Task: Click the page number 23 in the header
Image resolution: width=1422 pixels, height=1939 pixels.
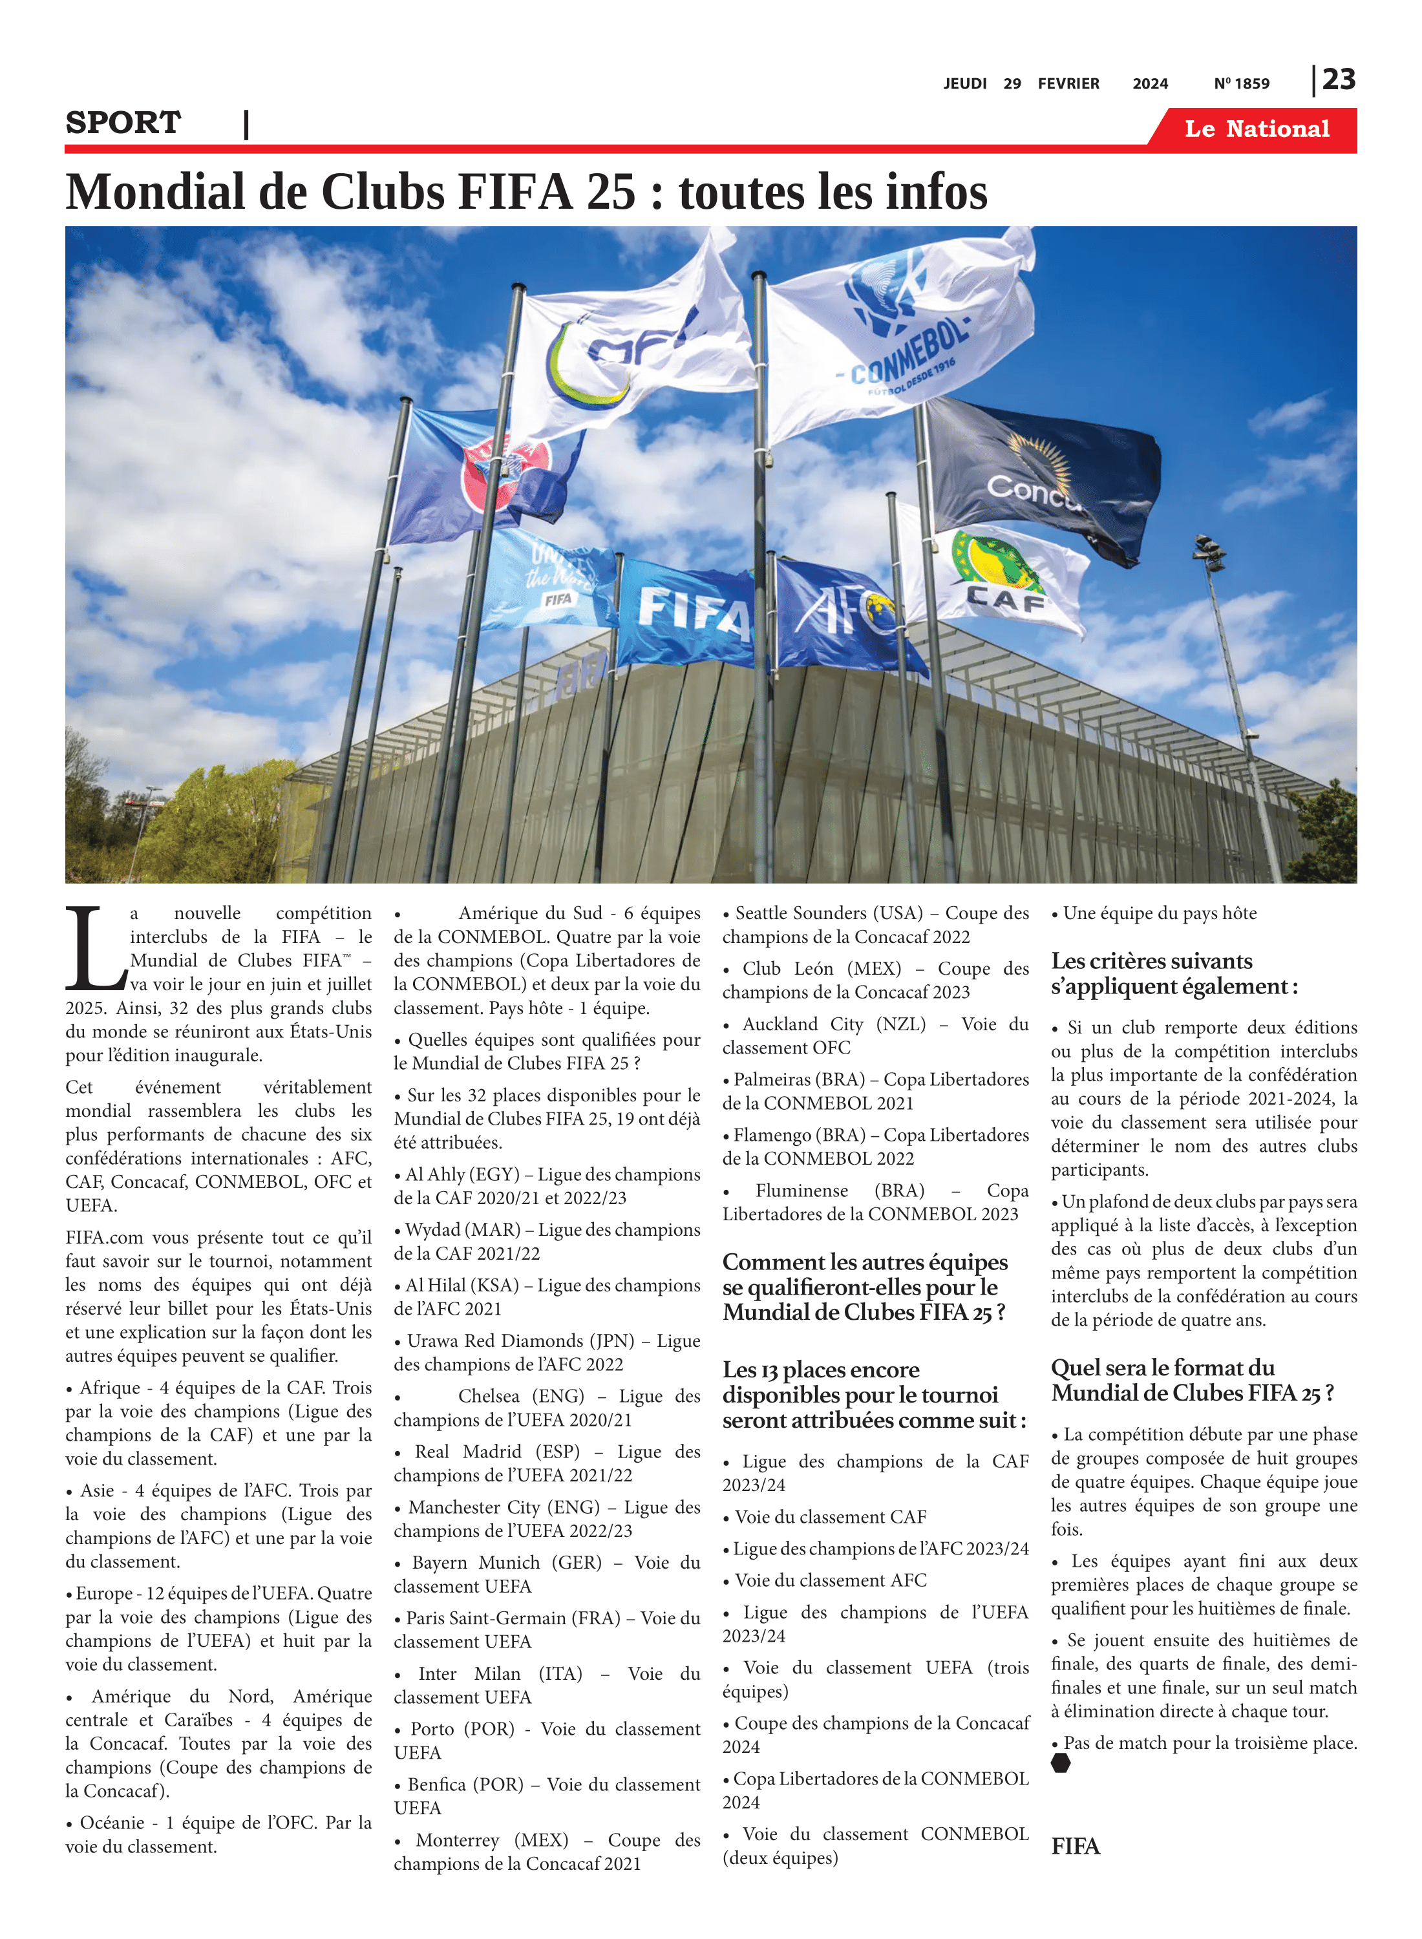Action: (1339, 80)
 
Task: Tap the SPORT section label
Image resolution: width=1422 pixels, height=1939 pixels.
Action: (123, 123)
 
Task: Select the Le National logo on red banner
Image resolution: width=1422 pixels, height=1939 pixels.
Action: (1257, 129)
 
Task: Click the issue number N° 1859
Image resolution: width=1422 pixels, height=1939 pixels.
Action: (1241, 84)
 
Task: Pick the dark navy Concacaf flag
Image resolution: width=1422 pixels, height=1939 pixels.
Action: (1041, 473)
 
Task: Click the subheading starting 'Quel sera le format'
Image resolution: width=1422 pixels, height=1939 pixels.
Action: (1192, 1381)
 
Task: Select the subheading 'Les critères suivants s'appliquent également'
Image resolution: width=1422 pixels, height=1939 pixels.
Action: (1174, 973)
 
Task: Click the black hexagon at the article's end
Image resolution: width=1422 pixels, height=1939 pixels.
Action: (1061, 1763)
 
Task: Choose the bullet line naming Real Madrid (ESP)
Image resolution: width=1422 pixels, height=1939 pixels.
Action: (547, 1463)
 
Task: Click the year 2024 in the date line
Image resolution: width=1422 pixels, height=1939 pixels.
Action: (1150, 84)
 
